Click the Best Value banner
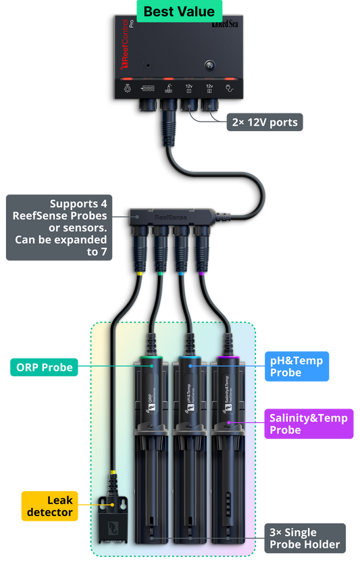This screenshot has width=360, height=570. click(179, 11)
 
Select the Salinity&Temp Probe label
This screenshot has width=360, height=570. click(308, 424)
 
